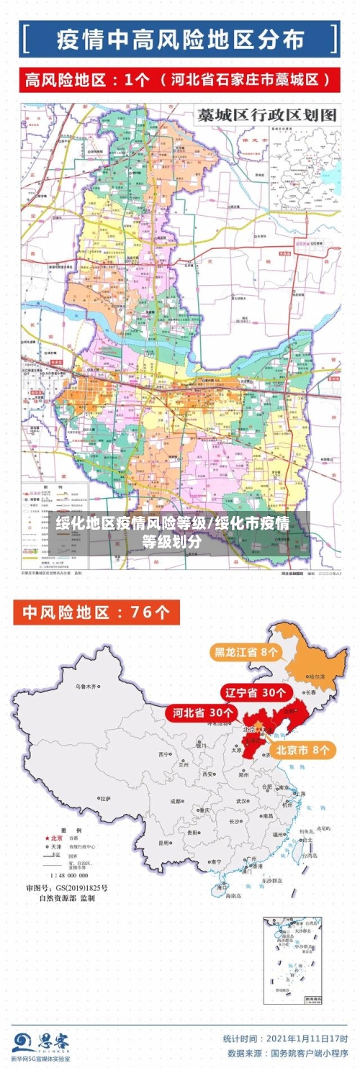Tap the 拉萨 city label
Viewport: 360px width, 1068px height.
[x=106, y=799]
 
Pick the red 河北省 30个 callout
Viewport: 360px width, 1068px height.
[x=202, y=712]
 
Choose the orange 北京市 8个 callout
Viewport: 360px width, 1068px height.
[x=305, y=749]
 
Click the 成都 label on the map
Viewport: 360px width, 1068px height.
[x=176, y=801]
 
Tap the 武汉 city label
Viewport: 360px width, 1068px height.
[x=242, y=800]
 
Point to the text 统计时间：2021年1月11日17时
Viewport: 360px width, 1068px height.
[x=285, y=1038]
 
